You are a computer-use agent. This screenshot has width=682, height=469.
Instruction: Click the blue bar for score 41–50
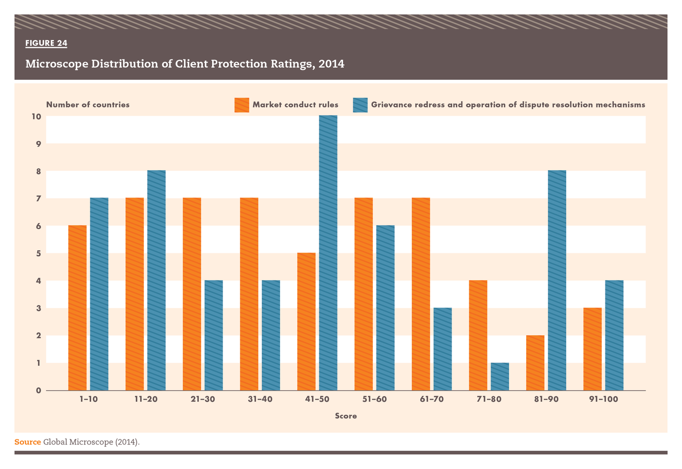(x=328, y=253)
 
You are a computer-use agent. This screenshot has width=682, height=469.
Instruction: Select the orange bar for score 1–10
(x=77, y=307)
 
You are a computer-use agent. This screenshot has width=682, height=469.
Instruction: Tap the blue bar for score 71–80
(x=500, y=376)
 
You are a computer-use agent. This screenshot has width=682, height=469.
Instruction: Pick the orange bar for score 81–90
(x=535, y=363)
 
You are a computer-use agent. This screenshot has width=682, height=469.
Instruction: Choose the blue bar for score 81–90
(x=557, y=280)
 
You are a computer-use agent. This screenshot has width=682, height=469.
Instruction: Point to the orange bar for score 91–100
(x=592, y=349)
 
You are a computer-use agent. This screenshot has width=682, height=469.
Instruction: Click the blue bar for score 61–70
(x=443, y=349)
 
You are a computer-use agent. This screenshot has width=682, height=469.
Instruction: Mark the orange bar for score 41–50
(x=306, y=322)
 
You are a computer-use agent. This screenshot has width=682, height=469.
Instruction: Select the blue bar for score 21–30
(x=214, y=335)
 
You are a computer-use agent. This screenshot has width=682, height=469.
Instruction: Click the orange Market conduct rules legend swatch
(x=241, y=105)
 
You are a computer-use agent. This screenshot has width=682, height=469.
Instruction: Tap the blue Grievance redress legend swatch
(x=360, y=105)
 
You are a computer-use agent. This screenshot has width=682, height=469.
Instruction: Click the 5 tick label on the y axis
(x=38, y=253)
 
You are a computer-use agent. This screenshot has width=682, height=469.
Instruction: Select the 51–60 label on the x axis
(x=374, y=400)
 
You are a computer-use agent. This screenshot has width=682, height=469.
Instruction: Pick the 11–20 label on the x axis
(x=145, y=400)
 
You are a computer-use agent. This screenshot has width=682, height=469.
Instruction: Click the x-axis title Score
(x=346, y=416)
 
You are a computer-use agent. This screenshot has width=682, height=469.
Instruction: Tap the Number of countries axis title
(x=88, y=105)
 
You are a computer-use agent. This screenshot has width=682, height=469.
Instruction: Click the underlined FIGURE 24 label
(x=46, y=43)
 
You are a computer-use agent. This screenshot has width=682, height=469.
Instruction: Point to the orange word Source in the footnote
(x=27, y=442)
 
